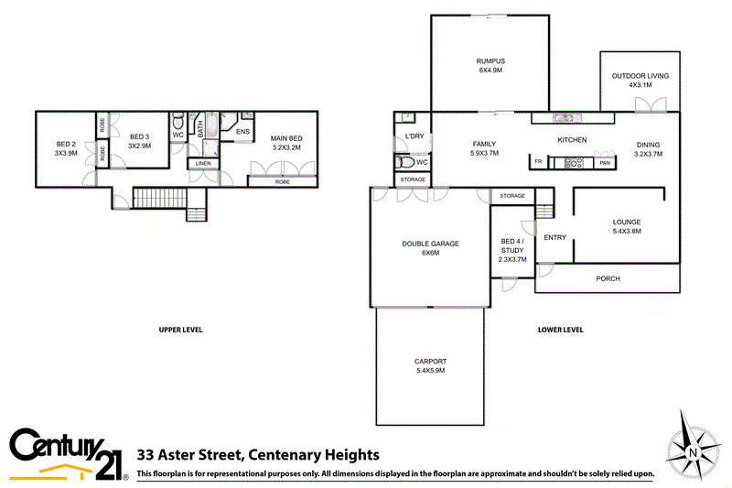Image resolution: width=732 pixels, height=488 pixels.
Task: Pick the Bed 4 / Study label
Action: [512, 251]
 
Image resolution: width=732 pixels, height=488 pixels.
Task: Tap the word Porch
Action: [608, 278]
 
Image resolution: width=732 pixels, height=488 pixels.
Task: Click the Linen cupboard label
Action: [202, 164]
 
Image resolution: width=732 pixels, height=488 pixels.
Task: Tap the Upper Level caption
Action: [180, 330]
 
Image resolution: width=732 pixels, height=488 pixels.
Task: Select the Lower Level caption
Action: [561, 330]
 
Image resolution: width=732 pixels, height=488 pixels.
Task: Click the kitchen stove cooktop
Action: [573, 163]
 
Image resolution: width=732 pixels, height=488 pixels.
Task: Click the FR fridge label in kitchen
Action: [538, 163]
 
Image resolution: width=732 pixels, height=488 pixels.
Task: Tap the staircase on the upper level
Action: [159, 197]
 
